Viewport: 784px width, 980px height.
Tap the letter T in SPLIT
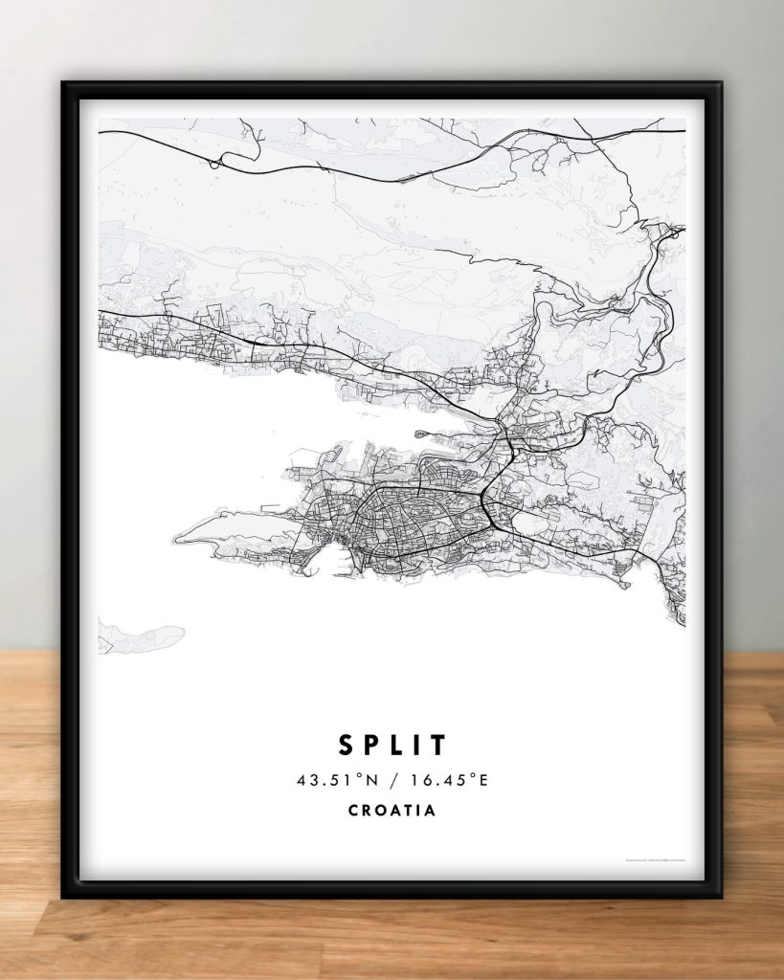coord(437,744)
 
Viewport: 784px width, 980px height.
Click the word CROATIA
coord(392,810)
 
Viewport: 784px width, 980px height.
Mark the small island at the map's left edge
coord(144,635)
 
